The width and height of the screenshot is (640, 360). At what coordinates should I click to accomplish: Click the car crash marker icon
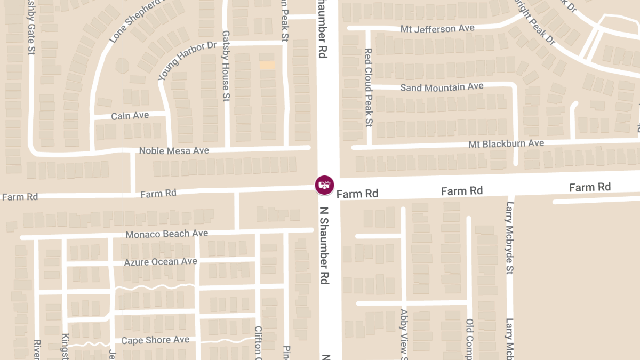click(x=324, y=185)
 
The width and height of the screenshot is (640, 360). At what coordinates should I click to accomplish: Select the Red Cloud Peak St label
click(x=368, y=87)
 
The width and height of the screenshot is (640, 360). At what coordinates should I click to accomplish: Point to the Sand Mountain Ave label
click(x=442, y=87)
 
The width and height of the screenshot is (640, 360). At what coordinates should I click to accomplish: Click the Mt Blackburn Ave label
click(x=506, y=143)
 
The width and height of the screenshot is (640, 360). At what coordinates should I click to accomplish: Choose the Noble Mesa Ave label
click(x=174, y=151)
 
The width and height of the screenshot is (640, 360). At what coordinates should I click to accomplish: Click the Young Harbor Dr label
click(x=187, y=61)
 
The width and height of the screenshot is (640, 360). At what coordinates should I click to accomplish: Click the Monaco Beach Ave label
click(x=166, y=234)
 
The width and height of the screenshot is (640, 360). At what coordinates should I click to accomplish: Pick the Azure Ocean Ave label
click(x=161, y=262)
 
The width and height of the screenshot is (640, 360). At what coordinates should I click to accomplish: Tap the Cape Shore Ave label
click(x=155, y=340)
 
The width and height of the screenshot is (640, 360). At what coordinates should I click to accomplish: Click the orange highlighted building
click(x=267, y=65)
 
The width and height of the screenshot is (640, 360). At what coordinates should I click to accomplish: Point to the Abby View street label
click(x=404, y=334)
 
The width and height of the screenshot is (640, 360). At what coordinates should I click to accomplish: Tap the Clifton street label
click(x=258, y=342)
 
